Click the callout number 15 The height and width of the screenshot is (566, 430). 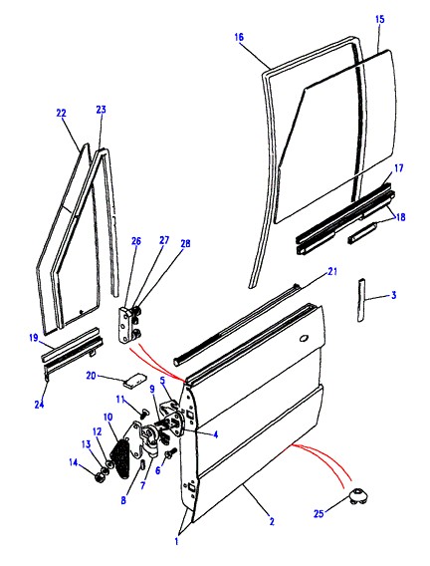tap(380, 19)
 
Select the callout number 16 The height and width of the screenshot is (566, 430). tap(239, 37)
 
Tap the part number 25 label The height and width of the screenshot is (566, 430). tap(319, 513)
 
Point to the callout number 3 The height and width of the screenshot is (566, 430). tap(393, 295)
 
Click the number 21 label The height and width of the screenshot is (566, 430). tap(332, 271)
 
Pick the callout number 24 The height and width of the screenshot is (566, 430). tap(39, 405)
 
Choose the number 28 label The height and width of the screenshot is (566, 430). tap(185, 244)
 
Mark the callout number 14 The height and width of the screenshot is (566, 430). tap(74, 462)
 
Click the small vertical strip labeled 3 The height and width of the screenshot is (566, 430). tap(361, 300)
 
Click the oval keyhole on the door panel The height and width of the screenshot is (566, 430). tap(304, 338)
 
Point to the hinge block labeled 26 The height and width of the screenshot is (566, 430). tap(125, 325)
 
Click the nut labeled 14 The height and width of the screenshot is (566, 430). tap(98, 477)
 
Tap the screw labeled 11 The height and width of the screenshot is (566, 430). tap(143, 414)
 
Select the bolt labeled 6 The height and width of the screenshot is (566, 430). tap(169, 453)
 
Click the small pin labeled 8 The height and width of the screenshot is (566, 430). tap(142, 464)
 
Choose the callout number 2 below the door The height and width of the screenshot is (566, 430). tap(272, 521)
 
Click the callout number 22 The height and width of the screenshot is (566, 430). tap(62, 113)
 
